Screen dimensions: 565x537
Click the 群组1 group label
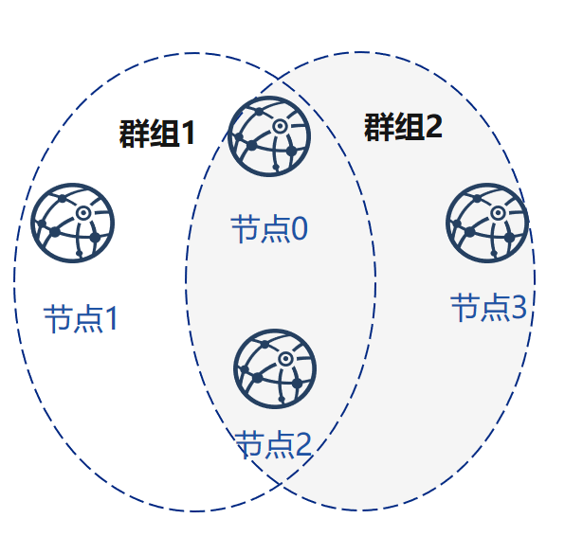pos(157,134)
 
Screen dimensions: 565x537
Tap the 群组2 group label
pos(403,127)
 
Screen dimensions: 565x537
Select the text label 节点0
pos(269,229)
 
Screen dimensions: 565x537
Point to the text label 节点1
pos(81,319)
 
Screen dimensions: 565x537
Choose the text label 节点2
pos(273,444)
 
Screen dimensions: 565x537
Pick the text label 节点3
pos(488,307)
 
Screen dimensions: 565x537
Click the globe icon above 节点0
pos(269,136)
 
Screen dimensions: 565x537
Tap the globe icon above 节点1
pos(73,224)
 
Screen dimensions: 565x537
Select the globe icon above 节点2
pos(275,369)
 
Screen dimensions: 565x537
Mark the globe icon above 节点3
pos(487,224)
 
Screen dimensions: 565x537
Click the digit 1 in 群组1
pos(188,134)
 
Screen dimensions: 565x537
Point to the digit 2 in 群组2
pos(434,127)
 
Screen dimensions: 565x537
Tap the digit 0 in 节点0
pos(300,229)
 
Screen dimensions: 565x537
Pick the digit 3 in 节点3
pos(519,307)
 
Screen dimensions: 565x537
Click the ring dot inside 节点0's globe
pos(280,126)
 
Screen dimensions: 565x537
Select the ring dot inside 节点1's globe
pos(83,213)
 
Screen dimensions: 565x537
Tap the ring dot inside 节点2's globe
pos(285,359)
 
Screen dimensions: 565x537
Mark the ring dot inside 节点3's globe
pos(498,213)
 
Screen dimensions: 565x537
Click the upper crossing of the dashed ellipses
pos(278,78)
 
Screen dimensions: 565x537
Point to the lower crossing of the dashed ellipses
pos(281,484)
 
